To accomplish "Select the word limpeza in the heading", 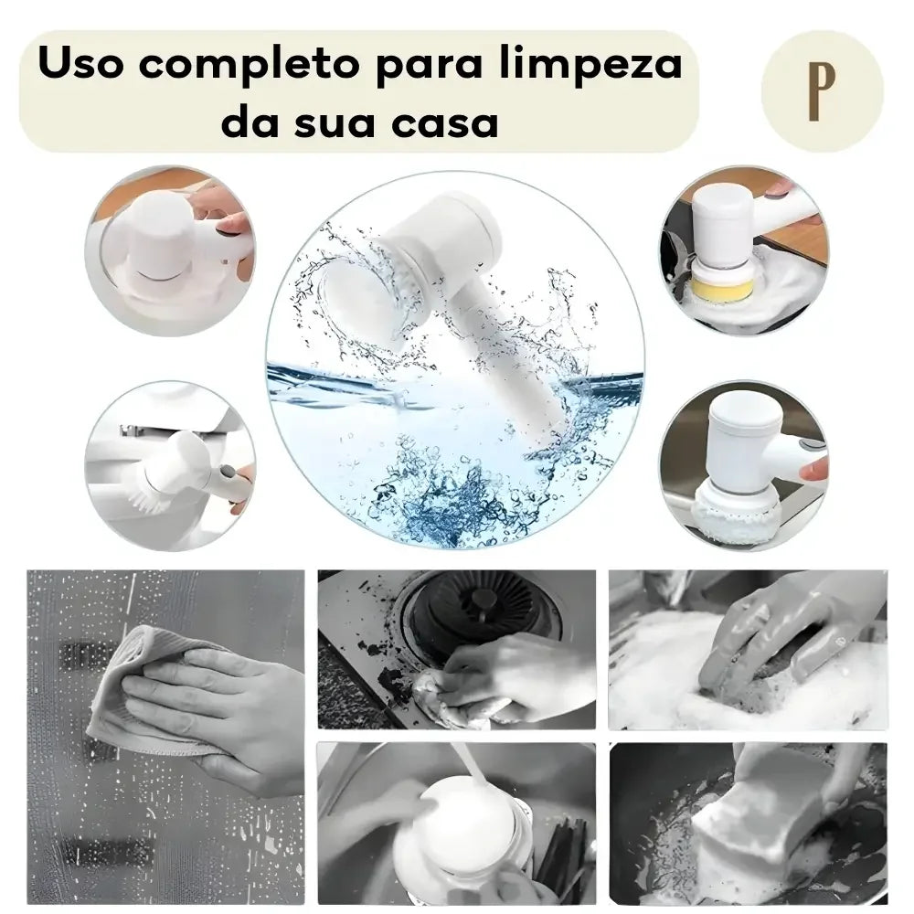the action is click(x=590, y=65).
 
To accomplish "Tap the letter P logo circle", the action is click(x=823, y=90).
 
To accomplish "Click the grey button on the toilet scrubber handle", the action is click(x=227, y=471).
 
